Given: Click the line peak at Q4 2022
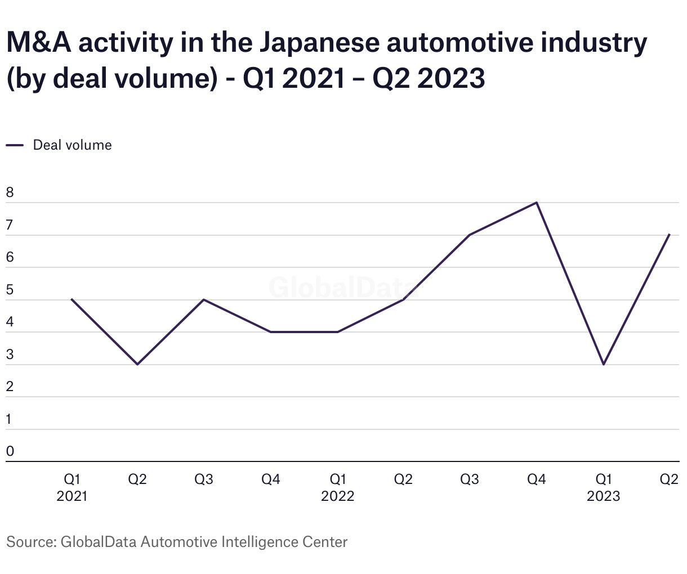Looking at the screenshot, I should coord(537,203).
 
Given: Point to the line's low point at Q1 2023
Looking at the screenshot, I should coord(604,365).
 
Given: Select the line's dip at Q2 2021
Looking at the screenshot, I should coord(137,365).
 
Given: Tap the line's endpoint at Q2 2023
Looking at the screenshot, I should coord(669,235).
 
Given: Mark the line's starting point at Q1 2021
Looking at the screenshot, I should coord(72,299).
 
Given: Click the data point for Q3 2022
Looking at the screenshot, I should coord(470,235).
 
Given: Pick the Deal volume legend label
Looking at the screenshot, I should coord(72,145).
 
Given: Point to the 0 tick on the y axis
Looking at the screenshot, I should coord(10,451).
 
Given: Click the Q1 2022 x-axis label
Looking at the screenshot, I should coord(337,487).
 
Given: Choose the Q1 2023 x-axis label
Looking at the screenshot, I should coord(603,487).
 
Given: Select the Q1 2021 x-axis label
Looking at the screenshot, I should coord(72,487).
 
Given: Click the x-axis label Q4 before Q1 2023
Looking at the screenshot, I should coord(536,479).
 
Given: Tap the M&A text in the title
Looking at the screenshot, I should coord(38,43).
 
